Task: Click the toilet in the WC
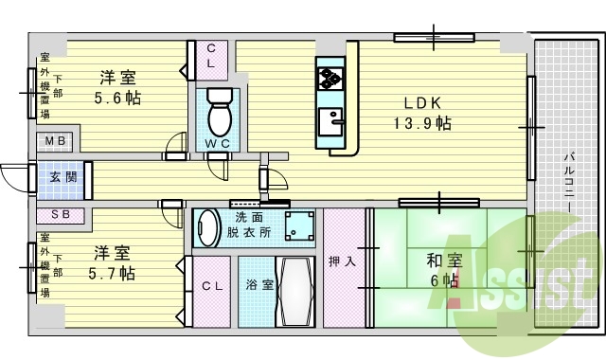click(x=220, y=112)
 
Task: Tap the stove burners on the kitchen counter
click(x=330, y=77)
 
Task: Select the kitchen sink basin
click(x=330, y=121)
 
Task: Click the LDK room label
click(x=422, y=103)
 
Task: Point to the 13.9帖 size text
click(x=422, y=124)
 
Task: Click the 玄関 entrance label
click(x=63, y=177)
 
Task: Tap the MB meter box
click(x=55, y=141)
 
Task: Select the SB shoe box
click(x=61, y=215)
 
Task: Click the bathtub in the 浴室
click(x=295, y=292)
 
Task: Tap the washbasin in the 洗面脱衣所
click(x=208, y=227)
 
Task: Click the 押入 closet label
click(x=342, y=261)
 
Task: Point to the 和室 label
click(x=444, y=261)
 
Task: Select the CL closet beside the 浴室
click(x=212, y=291)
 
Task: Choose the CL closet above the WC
click(x=211, y=61)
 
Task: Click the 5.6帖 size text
click(x=117, y=98)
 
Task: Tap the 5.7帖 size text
click(x=112, y=274)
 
